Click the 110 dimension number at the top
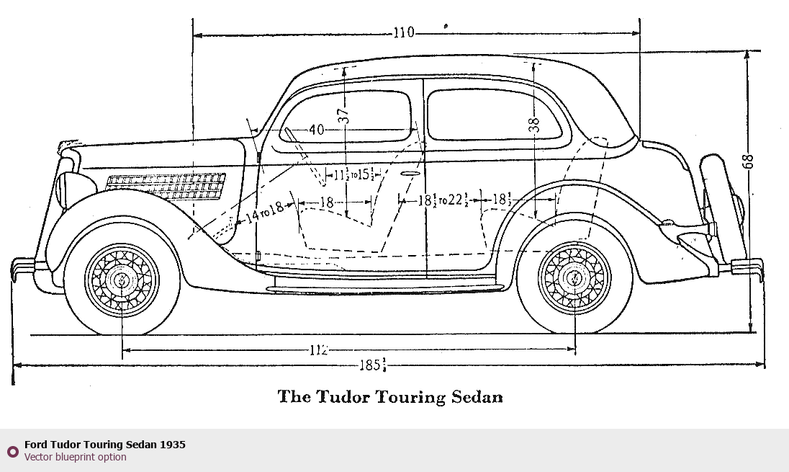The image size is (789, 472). click(404, 32)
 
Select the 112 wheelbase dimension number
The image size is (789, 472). click(318, 350)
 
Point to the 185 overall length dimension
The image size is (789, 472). click(372, 365)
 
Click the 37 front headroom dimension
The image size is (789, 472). click(345, 115)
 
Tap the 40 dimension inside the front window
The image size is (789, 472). click(316, 130)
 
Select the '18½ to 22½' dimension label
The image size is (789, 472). click(445, 200)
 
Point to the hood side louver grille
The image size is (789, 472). click(166, 186)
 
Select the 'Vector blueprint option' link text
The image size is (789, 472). click(75, 457)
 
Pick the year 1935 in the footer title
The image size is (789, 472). click(173, 445)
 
